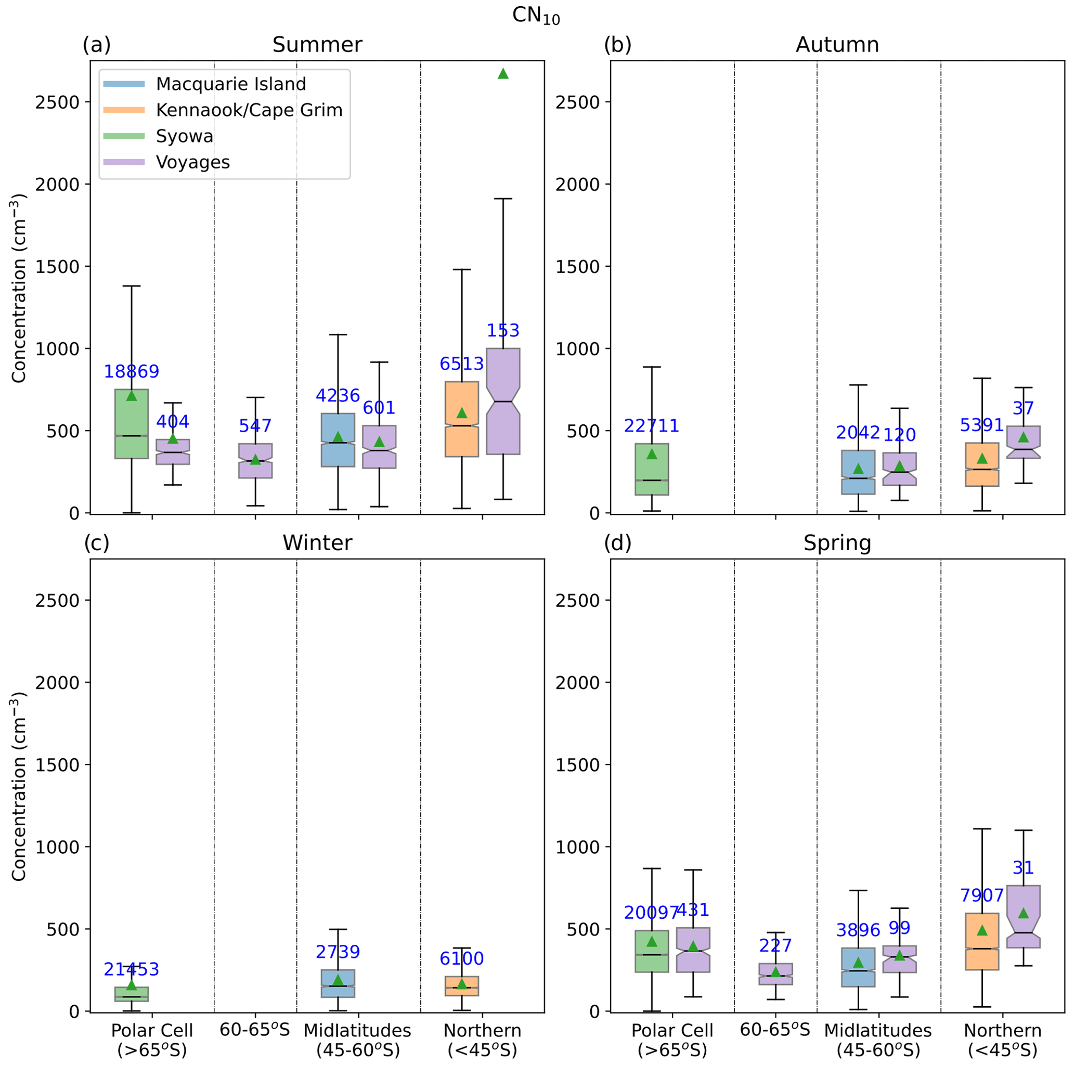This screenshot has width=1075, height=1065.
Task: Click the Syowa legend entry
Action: (184, 136)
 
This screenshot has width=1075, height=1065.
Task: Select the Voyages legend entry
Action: (192, 162)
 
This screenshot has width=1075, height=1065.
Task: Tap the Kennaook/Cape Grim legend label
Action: (249, 110)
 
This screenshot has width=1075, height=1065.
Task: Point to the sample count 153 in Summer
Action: (503, 331)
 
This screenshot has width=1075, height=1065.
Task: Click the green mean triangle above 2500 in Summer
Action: (503, 74)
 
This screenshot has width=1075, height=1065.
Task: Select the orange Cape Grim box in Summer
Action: (462, 419)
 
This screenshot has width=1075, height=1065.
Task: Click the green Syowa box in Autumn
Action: (652, 469)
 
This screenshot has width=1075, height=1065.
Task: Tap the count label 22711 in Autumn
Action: (652, 426)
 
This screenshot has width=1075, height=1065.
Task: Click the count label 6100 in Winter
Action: (462, 959)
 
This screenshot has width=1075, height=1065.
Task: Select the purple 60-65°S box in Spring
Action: (775, 974)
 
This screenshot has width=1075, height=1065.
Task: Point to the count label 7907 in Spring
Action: (982, 895)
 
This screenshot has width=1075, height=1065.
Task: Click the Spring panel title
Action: (837, 543)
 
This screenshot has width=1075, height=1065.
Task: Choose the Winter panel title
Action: (317, 543)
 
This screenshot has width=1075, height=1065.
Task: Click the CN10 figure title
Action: (536, 16)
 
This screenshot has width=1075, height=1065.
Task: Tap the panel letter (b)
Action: (618, 45)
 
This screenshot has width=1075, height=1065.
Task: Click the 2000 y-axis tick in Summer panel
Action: (57, 184)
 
